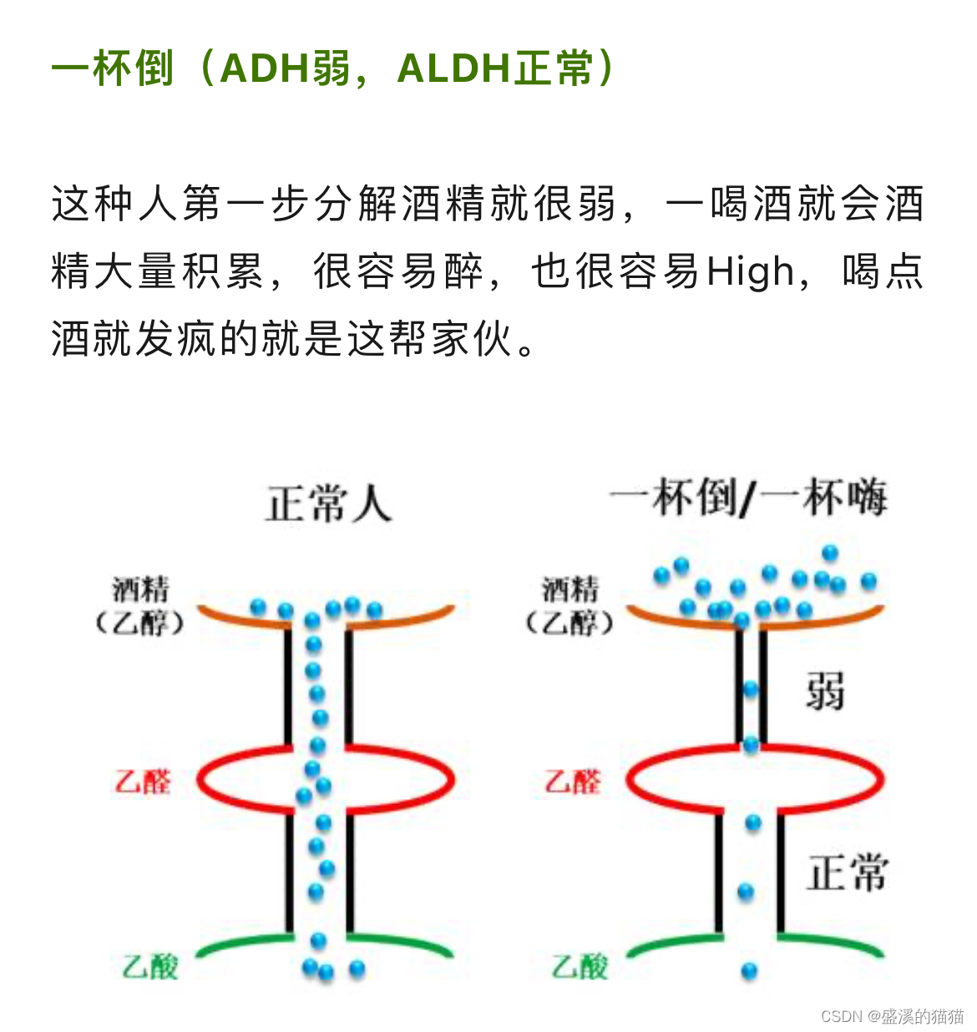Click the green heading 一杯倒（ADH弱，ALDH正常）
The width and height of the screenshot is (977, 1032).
[x=334, y=68]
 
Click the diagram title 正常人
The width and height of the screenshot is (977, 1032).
[x=328, y=504]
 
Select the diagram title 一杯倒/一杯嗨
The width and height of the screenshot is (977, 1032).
[x=748, y=498]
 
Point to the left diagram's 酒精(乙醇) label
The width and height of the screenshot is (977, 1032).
[x=140, y=605]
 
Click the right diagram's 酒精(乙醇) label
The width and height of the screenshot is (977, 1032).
[x=570, y=605]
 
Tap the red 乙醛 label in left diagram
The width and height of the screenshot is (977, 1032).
[x=143, y=782]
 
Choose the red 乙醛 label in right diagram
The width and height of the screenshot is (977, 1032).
[x=573, y=782]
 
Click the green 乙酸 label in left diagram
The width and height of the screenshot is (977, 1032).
[x=150, y=966]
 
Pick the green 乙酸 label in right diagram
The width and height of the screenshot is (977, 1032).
[x=580, y=966]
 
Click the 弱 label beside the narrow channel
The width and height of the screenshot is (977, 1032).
[x=824, y=691]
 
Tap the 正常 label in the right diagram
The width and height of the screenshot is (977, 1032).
[x=846, y=873]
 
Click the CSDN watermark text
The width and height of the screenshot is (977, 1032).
[x=892, y=1015]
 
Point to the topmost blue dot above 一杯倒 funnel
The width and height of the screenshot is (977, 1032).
[x=829, y=553]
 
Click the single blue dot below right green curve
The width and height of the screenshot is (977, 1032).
[x=749, y=971]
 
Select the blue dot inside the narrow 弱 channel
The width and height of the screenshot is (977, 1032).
[x=751, y=690]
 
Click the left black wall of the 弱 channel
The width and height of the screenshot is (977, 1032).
[x=739, y=685]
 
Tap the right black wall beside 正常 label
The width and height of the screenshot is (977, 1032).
[x=781, y=873]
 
